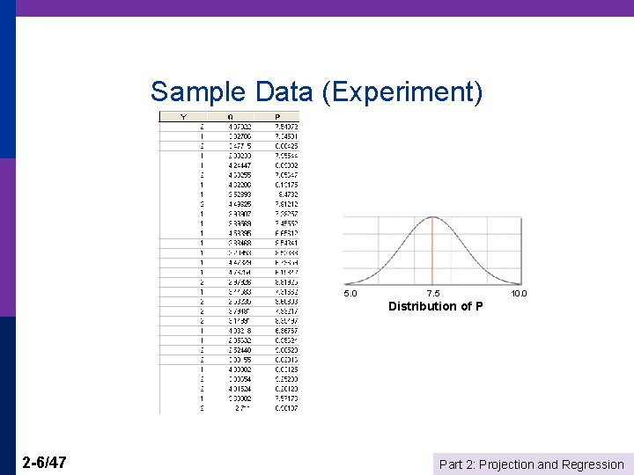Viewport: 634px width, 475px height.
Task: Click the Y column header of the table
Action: [x=183, y=116]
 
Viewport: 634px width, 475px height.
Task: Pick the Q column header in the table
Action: [x=230, y=116]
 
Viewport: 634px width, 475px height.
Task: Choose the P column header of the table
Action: [x=278, y=116]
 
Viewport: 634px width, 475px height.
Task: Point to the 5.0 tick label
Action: [x=350, y=294]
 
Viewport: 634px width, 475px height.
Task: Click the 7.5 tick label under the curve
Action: [x=433, y=294]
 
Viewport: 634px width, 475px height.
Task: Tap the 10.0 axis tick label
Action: [x=519, y=294]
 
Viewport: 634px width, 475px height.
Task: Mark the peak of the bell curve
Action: [x=433, y=216]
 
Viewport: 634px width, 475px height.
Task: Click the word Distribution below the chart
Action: [x=423, y=306]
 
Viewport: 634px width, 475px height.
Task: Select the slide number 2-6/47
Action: [x=47, y=463]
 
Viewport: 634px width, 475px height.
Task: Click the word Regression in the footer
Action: [x=593, y=464]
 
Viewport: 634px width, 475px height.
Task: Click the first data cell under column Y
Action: [x=202, y=127]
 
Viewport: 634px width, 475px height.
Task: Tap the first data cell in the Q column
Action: [x=239, y=127]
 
